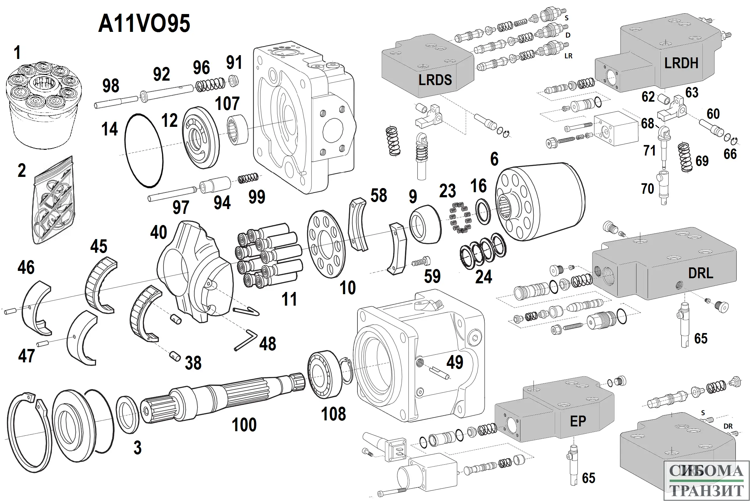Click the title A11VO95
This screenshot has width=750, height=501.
point(144,24)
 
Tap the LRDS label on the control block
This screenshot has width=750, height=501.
point(435,80)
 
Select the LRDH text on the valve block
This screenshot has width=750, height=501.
point(681,63)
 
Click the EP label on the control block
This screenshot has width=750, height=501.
point(578,421)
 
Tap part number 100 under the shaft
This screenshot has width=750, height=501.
point(244,425)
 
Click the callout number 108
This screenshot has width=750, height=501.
point(334,414)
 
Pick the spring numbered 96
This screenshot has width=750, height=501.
point(210,85)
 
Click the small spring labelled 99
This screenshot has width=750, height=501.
point(248,178)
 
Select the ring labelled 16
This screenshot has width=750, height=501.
point(483,212)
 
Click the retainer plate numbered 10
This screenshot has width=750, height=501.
point(326,244)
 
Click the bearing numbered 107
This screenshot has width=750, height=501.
point(238,130)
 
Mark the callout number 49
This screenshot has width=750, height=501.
point(455,362)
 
